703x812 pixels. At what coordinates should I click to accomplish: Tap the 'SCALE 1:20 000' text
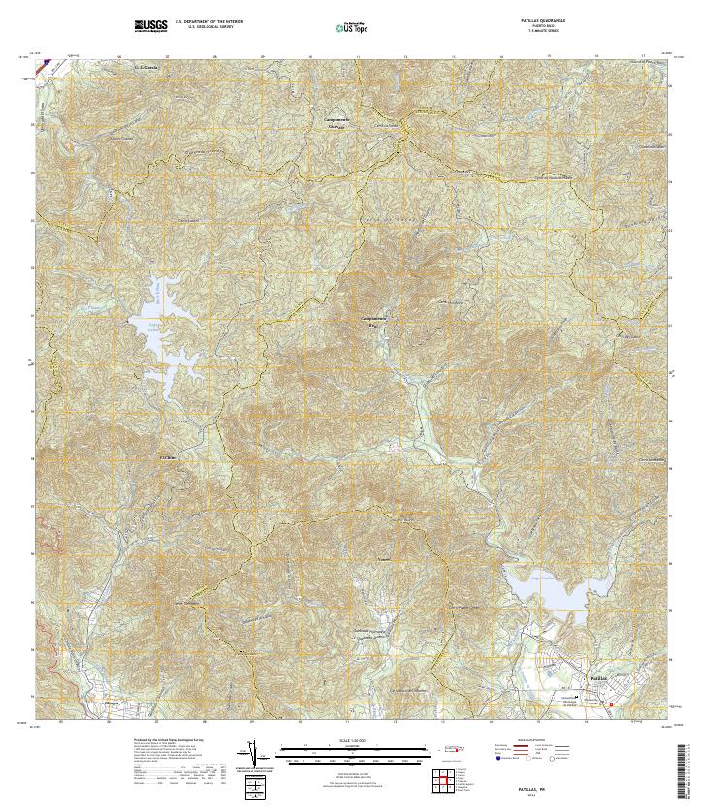[x=350, y=742]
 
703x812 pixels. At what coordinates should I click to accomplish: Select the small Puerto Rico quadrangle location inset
[x=449, y=748]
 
